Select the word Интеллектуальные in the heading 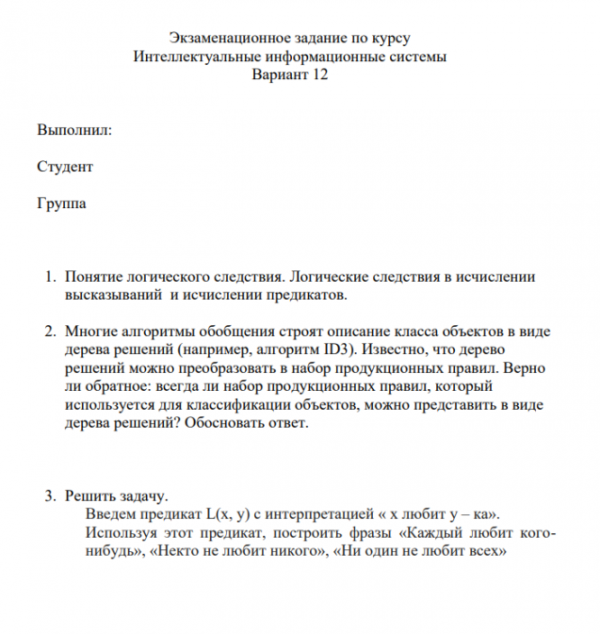[x=191, y=58]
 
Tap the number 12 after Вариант [x=318, y=76]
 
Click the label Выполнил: [x=75, y=131]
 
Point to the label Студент [x=65, y=168]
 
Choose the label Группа [x=62, y=204]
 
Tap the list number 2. [x=50, y=332]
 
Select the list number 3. [x=50, y=496]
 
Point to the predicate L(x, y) [x=232, y=515]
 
